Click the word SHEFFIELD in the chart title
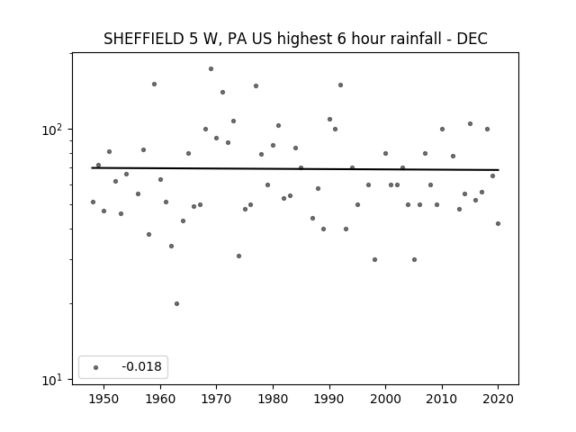pos(144,39)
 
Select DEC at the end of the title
pos(472,39)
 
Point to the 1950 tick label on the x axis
pos(103,399)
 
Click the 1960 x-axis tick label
pos(160,399)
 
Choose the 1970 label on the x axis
pos(216,399)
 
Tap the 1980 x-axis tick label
pos(273,399)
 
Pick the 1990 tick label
pos(329,399)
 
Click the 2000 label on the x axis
pos(386,399)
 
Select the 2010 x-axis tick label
pos(442,399)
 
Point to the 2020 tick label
pos(498,399)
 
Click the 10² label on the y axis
pos(54,130)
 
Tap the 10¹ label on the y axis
pos(54,380)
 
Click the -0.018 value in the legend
pos(142,366)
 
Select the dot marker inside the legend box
pos(96,367)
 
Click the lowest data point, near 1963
pos(176,304)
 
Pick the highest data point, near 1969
pos(211,68)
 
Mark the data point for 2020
pos(498,224)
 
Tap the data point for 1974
pos(238,256)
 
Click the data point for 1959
pos(154,84)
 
